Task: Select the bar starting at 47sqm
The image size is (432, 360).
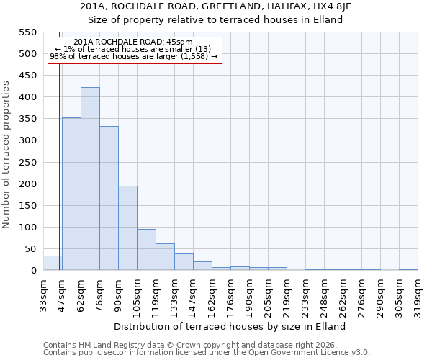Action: (x=71, y=194)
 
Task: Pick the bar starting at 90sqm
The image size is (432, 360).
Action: (x=127, y=228)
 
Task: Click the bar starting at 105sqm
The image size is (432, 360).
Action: (x=146, y=250)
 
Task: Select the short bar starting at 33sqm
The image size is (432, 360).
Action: (x=53, y=263)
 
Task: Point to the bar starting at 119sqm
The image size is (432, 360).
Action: (x=165, y=257)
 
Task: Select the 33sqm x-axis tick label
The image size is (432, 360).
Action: (x=43, y=293)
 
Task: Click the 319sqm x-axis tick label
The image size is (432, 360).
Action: (x=418, y=293)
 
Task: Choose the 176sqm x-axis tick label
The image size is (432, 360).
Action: (x=230, y=293)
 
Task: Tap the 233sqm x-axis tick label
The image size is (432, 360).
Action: (x=305, y=293)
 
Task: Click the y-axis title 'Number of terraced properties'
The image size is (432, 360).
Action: (x=7, y=154)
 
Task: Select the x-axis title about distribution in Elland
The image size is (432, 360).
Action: (x=230, y=326)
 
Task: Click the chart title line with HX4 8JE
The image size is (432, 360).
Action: (x=216, y=6)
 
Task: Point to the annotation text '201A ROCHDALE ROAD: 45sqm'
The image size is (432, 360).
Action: (x=133, y=42)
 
